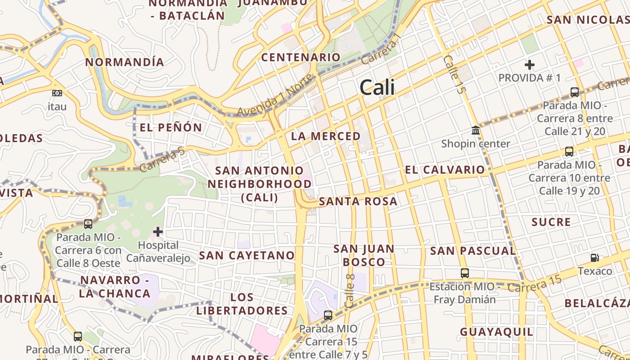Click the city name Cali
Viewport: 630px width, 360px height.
point(377,87)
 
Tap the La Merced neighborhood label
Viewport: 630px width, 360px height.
point(326,136)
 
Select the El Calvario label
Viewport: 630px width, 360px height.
point(445,170)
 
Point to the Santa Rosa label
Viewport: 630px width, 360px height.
point(358,202)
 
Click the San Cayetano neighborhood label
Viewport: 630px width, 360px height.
point(247,256)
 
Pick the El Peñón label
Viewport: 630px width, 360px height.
point(171,127)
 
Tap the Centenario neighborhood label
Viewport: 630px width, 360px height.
point(301,57)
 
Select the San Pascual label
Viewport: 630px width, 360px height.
point(472,251)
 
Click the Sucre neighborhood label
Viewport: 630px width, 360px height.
point(551,222)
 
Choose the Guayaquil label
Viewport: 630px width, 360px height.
point(496,332)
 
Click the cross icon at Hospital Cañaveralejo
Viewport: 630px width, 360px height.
point(158,232)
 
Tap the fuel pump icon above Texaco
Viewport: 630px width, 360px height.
point(595,258)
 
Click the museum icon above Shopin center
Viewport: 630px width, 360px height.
point(476,130)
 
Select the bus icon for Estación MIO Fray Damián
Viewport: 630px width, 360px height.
point(465,273)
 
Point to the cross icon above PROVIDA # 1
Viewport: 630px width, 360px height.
point(530,64)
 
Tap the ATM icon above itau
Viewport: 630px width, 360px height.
point(57,93)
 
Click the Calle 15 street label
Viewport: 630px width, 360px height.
point(453,74)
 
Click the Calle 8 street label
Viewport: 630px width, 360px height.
point(350,290)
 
